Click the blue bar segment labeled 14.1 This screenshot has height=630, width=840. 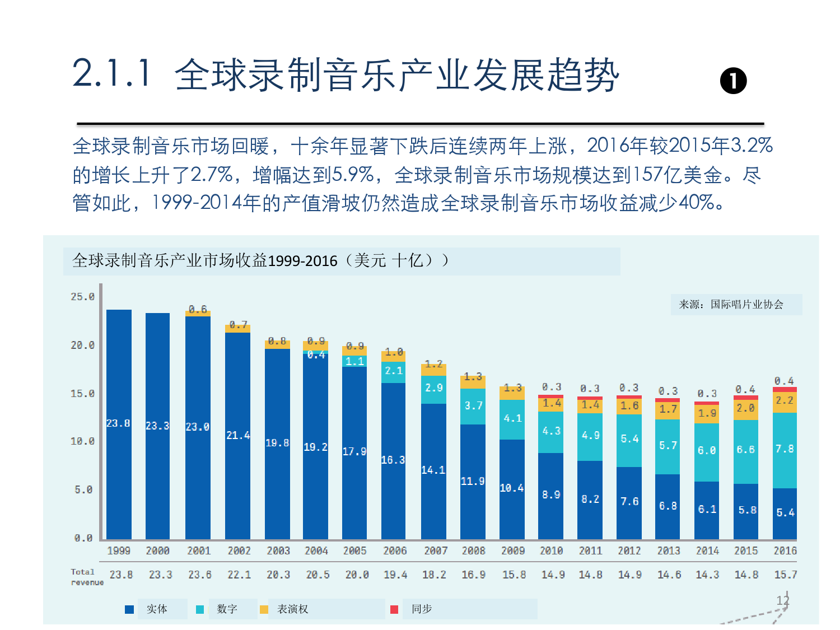[433, 471]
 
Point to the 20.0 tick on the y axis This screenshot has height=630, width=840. [82, 346]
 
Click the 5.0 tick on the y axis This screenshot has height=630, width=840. [83, 490]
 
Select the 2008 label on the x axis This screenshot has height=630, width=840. [473, 551]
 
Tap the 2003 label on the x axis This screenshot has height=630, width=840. [278, 551]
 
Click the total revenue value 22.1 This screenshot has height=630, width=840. [239, 575]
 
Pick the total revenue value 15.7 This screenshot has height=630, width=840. [785, 575]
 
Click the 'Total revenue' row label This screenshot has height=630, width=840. [87, 577]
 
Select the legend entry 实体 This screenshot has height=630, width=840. [157, 609]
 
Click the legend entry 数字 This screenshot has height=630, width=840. [227, 609]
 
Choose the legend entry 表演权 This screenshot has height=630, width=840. [292, 609]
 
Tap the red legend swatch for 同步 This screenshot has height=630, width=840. [394, 609]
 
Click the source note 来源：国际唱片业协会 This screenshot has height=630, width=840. [731, 305]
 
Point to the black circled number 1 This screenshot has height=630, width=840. [733, 81]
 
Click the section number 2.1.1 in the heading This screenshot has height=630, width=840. [112, 73]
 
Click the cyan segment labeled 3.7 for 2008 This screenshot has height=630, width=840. [473, 406]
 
